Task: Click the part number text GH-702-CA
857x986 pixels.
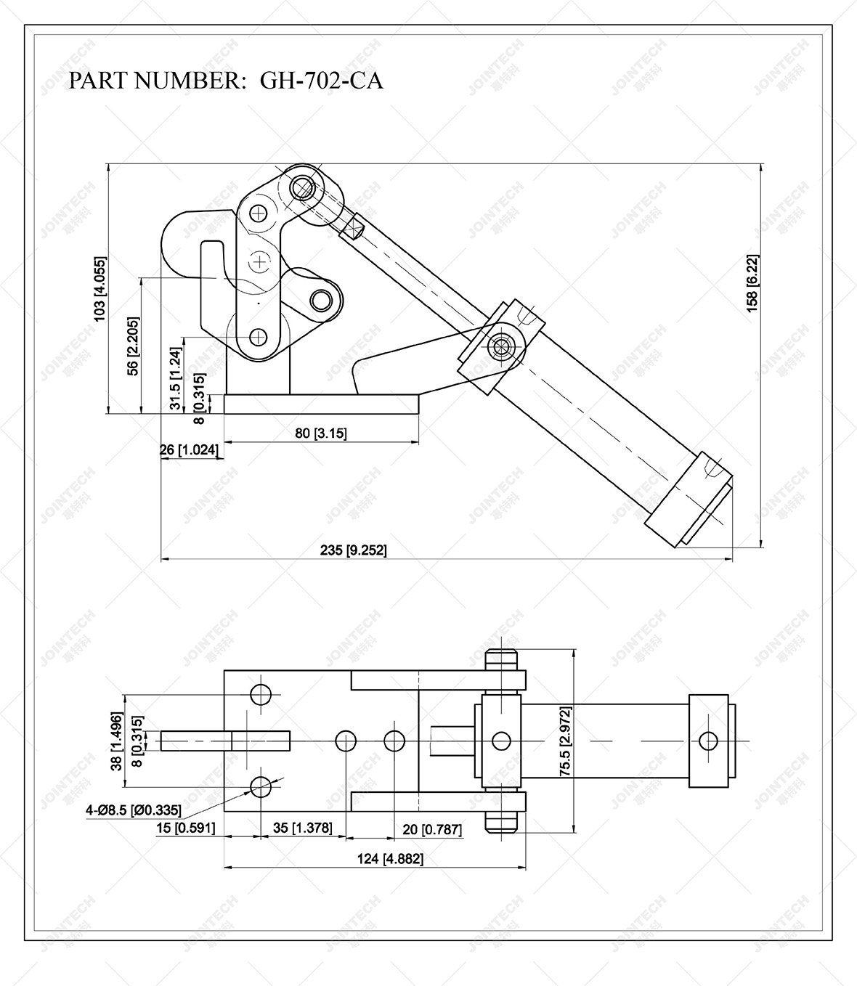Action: coord(321,80)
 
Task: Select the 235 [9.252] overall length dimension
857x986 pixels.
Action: coord(353,550)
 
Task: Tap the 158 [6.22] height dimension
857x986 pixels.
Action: coord(752,284)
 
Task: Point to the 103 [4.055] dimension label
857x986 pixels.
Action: coord(99,288)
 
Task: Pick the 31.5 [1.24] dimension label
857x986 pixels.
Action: coord(176,378)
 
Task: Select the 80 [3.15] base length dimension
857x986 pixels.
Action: coord(321,433)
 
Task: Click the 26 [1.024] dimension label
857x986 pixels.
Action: coord(189,450)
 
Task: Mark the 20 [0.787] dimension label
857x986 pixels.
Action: coord(432,829)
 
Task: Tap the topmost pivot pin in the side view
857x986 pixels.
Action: coord(302,188)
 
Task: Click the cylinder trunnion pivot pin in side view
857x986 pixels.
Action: coord(500,346)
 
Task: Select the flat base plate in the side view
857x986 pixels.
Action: coord(321,404)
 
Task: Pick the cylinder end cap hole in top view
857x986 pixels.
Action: coord(707,741)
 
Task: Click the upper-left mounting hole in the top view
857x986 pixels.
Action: coord(261,694)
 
